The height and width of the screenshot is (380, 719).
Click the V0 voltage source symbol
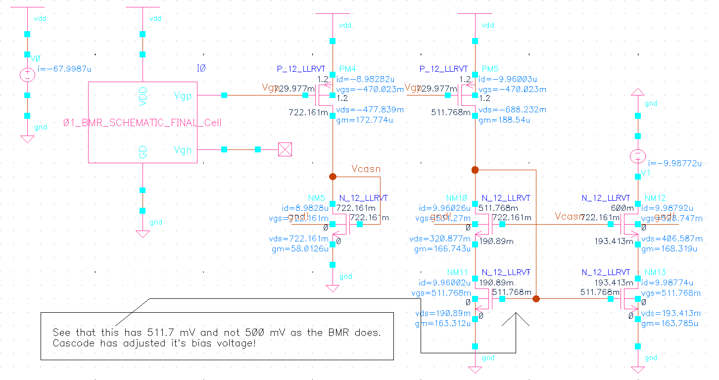pyautogui.click(x=27, y=75)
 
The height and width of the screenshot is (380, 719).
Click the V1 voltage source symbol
pyautogui.click(x=638, y=157)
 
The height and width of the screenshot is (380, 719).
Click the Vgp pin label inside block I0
pyautogui.click(x=183, y=95)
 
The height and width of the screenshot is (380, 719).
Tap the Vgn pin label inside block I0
pyautogui.click(x=183, y=150)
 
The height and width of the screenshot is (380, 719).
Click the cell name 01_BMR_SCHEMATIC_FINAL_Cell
pyautogui.click(x=143, y=123)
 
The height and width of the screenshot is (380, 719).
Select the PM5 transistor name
pyautogui.click(x=490, y=69)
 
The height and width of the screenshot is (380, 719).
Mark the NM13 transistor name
pyautogui.click(x=655, y=273)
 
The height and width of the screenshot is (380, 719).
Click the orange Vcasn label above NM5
pyautogui.click(x=366, y=169)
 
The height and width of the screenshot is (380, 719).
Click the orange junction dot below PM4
pyautogui.click(x=333, y=176)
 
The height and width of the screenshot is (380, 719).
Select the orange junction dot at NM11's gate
pyautogui.click(x=536, y=299)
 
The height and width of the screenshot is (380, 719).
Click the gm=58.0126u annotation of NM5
pyautogui.click(x=300, y=249)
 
